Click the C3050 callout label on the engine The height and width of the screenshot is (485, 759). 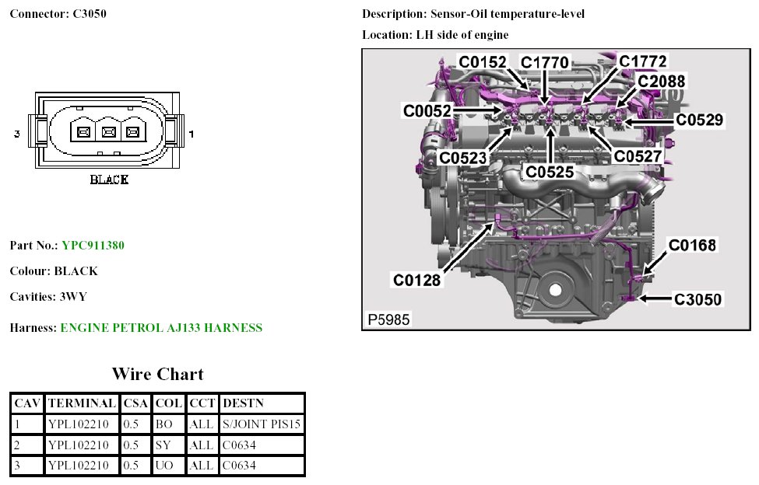[698, 299]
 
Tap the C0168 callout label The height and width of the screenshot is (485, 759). [692, 246]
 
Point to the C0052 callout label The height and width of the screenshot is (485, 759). [427, 111]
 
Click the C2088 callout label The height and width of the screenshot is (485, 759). [662, 81]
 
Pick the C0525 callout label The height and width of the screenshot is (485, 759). [550, 171]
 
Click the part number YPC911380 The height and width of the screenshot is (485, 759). [93, 246]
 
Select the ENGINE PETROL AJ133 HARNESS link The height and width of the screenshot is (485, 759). [161, 328]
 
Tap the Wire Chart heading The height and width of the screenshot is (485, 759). [157, 374]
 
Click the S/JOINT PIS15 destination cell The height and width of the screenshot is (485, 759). [262, 424]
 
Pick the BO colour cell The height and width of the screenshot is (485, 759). [163, 424]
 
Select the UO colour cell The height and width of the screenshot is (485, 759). [163, 466]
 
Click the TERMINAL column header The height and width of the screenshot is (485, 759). [82, 403]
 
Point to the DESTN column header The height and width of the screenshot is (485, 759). [243, 403]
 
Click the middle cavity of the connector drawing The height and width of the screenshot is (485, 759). [109, 133]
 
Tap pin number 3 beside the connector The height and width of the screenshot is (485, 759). [16, 134]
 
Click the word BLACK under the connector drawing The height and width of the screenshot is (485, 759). [109, 180]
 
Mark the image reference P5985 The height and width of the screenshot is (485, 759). [388, 319]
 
